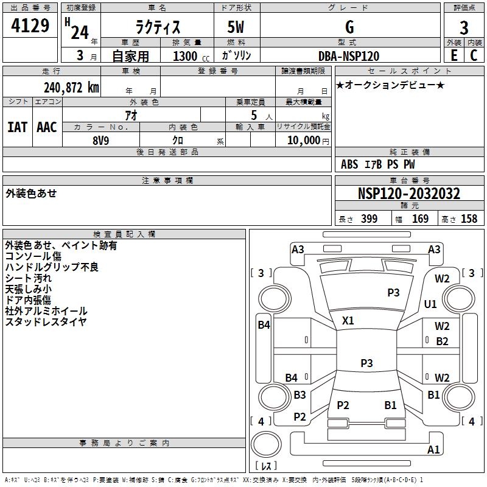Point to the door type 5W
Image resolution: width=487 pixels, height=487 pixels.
pos(237,28)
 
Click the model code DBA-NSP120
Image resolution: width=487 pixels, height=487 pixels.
pos(349,56)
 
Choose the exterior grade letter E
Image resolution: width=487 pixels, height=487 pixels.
pos(454,55)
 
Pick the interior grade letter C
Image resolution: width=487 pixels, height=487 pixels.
pos(474,55)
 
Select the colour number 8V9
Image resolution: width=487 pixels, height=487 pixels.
pos(101,139)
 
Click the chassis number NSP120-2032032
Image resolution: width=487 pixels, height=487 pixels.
pos(408,194)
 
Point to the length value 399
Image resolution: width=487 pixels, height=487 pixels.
pos(369,219)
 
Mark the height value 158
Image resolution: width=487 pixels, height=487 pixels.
pos(469,219)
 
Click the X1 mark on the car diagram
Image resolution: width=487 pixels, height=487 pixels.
pos(348,320)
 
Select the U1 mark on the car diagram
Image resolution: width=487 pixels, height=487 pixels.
pos(430,304)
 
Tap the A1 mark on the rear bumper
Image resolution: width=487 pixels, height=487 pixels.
pos(433,450)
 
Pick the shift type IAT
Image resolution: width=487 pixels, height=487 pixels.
pos(17,127)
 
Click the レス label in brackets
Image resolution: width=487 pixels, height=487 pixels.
pos(266,466)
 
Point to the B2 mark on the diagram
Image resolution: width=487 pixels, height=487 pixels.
pos(442,342)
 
